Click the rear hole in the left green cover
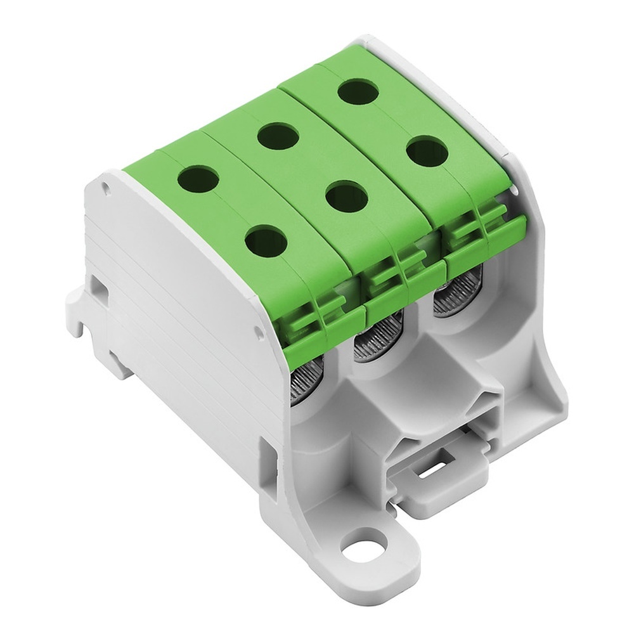click(x=198, y=176)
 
